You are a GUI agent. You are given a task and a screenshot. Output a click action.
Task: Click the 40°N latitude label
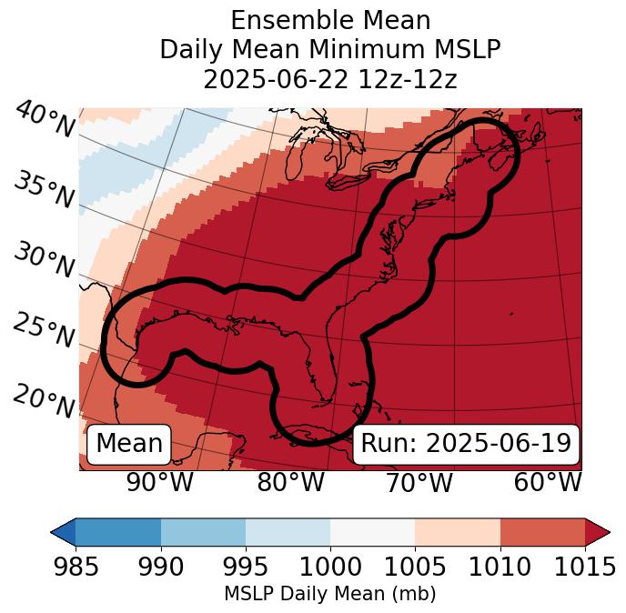(x=45, y=121)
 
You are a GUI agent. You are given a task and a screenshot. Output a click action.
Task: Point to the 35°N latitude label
(x=45, y=190)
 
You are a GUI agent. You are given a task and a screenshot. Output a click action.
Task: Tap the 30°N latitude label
(x=45, y=262)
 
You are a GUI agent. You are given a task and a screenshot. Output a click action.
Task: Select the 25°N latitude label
(x=45, y=331)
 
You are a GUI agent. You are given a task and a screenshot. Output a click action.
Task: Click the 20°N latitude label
(x=45, y=400)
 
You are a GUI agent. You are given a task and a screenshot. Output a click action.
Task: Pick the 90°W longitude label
(x=159, y=482)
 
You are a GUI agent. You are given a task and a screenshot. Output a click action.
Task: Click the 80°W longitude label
(x=290, y=482)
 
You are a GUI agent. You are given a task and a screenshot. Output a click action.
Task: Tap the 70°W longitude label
(x=419, y=482)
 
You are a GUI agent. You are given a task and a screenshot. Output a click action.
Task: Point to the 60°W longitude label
(x=548, y=482)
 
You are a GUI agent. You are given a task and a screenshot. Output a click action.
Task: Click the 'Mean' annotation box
(x=129, y=444)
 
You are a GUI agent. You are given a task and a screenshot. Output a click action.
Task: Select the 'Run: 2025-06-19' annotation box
(x=466, y=444)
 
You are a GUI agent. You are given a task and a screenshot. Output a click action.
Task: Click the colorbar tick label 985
(x=76, y=567)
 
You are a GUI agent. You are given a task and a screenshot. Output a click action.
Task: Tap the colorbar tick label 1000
(x=330, y=567)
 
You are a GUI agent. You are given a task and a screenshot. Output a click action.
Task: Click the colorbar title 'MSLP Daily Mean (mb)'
(x=330, y=594)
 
